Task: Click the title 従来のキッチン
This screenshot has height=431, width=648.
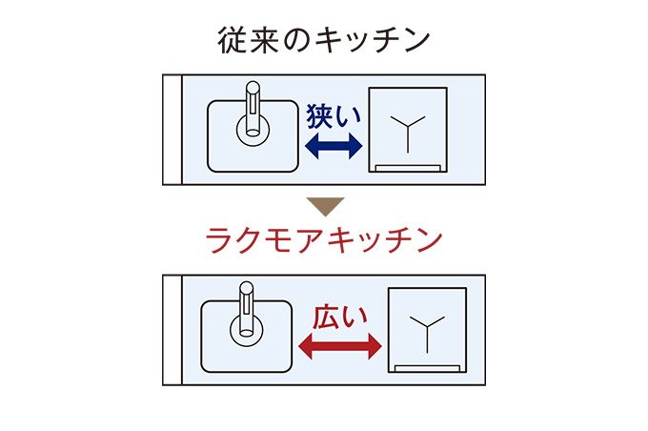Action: [x=324, y=41]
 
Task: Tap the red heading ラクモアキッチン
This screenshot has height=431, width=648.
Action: [x=324, y=240]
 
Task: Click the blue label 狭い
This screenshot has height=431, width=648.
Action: [x=334, y=116]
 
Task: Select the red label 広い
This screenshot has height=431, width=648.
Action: [x=339, y=318]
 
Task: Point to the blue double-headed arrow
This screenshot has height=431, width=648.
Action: [x=334, y=146]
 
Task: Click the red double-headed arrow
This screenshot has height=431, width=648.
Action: [x=339, y=346]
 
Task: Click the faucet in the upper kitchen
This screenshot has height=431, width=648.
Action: [x=253, y=109]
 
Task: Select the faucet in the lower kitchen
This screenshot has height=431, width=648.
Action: [x=247, y=309]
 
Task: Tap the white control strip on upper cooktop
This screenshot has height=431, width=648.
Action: [x=408, y=168]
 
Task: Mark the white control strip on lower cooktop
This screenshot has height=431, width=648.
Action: [x=427, y=368]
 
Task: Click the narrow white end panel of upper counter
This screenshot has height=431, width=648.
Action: [x=172, y=130]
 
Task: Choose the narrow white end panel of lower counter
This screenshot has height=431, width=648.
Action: [x=172, y=330]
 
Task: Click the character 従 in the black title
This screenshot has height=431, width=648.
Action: [x=232, y=41]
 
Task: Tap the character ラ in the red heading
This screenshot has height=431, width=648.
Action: [x=219, y=241]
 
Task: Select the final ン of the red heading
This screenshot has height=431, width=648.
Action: [x=430, y=241]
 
